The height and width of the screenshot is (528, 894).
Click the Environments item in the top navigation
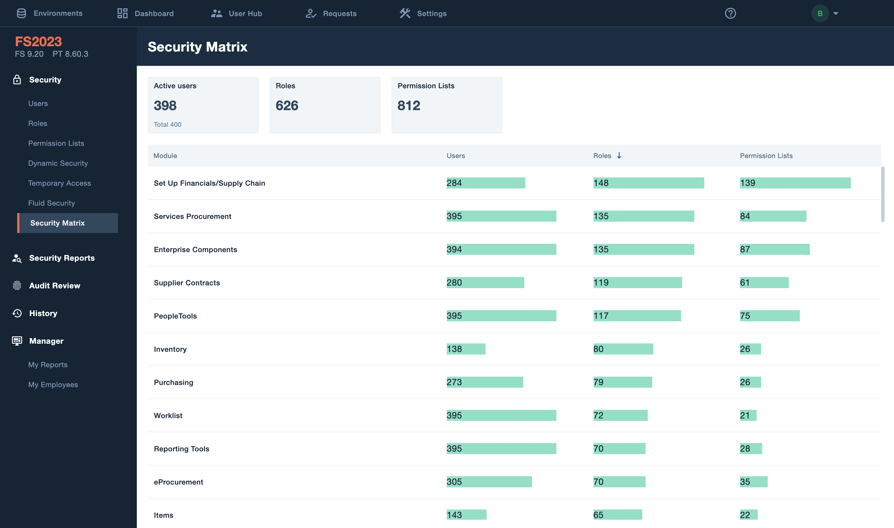(x=50, y=14)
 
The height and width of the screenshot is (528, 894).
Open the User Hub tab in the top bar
(x=237, y=14)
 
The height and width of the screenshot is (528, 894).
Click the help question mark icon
(x=730, y=14)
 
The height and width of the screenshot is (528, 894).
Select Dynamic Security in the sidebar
(x=58, y=163)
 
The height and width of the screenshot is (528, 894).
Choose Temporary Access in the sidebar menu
(x=60, y=183)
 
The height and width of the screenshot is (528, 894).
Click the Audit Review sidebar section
(x=55, y=286)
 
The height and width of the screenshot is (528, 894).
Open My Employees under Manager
(x=53, y=385)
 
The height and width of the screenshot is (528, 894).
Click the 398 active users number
(x=165, y=106)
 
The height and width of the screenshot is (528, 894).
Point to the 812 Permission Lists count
(x=409, y=106)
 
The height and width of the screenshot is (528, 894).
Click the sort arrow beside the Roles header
(x=619, y=156)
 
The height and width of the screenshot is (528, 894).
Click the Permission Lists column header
(x=766, y=156)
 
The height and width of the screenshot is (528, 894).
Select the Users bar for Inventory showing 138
(x=466, y=349)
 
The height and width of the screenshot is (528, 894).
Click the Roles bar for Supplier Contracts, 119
(x=637, y=283)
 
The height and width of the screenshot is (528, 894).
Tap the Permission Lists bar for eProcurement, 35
(x=753, y=482)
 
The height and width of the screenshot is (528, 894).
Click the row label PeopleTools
(x=175, y=316)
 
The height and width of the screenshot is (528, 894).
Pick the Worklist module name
(x=168, y=416)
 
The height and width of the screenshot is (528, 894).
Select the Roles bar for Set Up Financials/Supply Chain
(x=648, y=183)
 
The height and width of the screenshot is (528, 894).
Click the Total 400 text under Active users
(x=167, y=125)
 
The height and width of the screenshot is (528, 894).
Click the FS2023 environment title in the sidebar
(x=38, y=42)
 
